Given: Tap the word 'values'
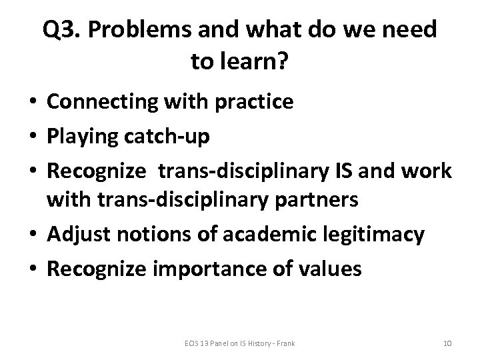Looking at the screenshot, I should pos(330,269).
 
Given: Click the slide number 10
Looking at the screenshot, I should pos(447,343).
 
